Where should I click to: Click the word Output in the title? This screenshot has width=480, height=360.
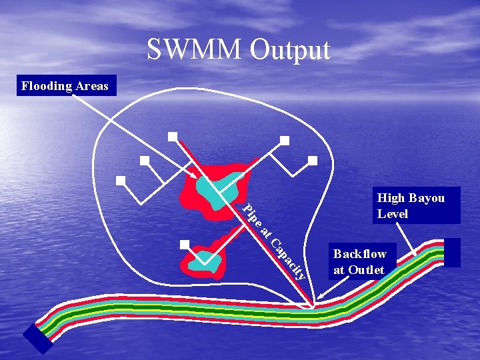(x=290, y=51)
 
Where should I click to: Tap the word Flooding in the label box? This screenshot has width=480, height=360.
(x=46, y=86)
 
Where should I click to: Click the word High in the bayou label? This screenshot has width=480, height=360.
(x=390, y=198)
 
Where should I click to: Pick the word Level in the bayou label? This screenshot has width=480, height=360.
(x=393, y=214)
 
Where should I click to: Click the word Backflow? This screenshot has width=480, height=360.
(x=360, y=254)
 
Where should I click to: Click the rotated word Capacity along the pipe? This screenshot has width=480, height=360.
(x=289, y=258)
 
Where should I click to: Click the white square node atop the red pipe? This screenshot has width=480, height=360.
(x=173, y=137)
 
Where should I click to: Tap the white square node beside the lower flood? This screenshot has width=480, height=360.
(x=185, y=244)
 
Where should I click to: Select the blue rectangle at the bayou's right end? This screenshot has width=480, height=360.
(x=452, y=253)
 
